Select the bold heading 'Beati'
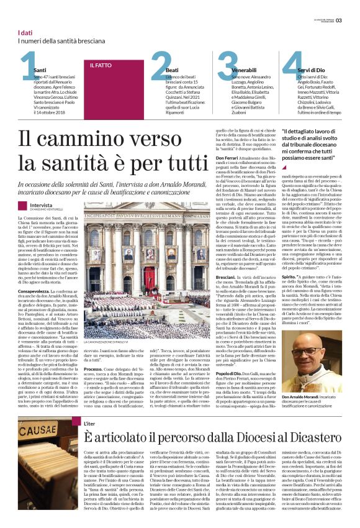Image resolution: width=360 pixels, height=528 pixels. pyautogui.click(x=172, y=71)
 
